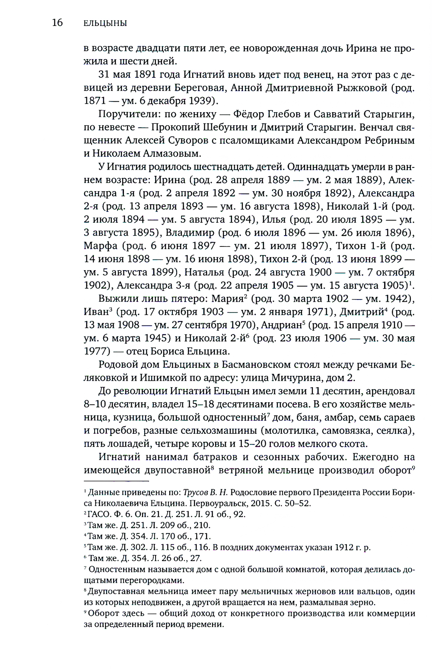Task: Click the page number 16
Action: tap(57, 23)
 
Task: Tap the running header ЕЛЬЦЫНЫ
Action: tap(105, 23)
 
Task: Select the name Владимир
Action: tap(190, 233)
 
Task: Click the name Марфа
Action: tap(100, 246)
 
